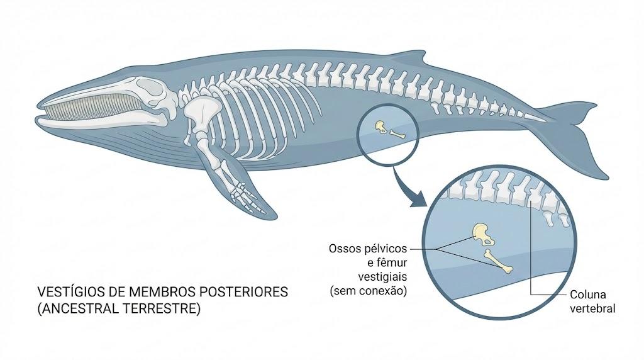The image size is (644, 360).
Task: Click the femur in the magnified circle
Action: click(x=499, y=261)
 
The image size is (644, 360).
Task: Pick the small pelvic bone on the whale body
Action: click(x=380, y=127)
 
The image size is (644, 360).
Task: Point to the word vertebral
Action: click(x=592, y=308)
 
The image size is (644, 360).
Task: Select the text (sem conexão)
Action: click(x=369, y=291)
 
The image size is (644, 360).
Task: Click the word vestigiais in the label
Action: click(x=382, y=276)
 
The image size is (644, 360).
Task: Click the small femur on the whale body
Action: click(x=397, y=133)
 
